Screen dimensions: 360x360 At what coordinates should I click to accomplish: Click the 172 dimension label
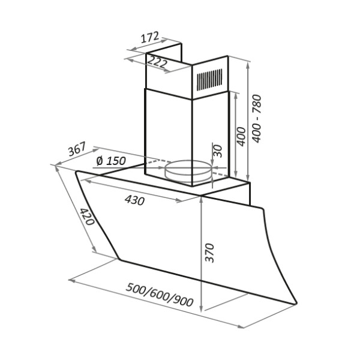[x=149, y=37]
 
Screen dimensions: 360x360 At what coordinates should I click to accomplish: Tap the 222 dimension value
[x=157, y=61]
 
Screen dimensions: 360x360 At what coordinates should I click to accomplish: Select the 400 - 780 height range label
[x=256, y=118]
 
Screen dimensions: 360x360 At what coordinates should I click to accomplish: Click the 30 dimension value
[x=218, y=151]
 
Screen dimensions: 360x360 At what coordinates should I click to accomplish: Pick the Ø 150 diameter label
[x=111, y=161]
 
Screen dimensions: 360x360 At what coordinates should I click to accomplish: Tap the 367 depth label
[x=77, y=149]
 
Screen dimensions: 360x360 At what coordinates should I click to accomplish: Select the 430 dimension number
[x=135, y=200]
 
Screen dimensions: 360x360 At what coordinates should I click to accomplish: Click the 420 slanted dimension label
[x=87, y=217]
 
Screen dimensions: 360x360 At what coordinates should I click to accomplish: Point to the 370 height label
[x=209, y=253]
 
